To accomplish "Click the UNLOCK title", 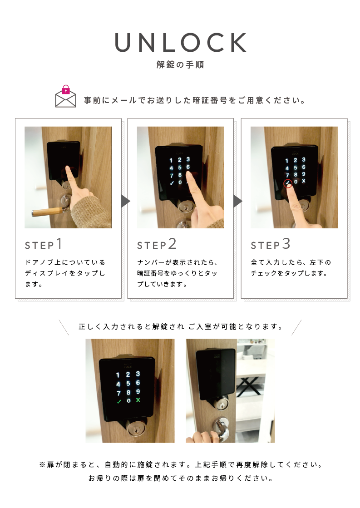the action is [x=181, y=42].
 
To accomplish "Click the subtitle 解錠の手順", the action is [x=180, y=64].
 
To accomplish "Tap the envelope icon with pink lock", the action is [x=65, y=96].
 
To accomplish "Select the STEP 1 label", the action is [x=44, y=244].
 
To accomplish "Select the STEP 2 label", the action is [x=157, y=244].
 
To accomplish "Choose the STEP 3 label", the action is [x=270, y=244].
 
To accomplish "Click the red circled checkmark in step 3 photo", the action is [x=288, y=183].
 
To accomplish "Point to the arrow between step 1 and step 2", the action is [x=126, y=201].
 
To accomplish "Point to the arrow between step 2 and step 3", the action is [x=238, y=201].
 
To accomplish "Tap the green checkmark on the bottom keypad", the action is [x=119, y=401].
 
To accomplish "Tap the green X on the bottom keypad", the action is [x=138, y=400].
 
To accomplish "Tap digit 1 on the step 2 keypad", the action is [x=171, y=160].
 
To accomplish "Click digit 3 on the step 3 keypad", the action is [x=304, y=160].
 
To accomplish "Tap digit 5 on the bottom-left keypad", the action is [x=128, y=384].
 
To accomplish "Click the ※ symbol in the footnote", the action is [x=42, y=465].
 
